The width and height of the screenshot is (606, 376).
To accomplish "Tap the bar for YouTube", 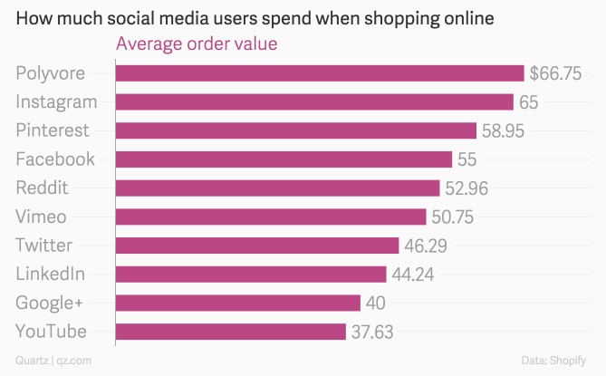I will (x=231, y=332).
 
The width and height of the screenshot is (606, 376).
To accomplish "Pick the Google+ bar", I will (x=238, y=303).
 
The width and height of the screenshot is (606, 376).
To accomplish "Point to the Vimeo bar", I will (x=271, y=217).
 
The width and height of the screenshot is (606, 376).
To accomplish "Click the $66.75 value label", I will (x=555, y=73).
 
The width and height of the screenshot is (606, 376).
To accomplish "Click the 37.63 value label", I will (x=372, y=332).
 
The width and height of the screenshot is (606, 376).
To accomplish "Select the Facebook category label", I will (x=55, y=159).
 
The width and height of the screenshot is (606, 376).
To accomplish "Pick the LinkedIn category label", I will (x=51, y=274).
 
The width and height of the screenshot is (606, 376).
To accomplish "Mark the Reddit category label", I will (x=43, y=188).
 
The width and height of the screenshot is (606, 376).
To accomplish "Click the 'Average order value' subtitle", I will (x=196, y=43).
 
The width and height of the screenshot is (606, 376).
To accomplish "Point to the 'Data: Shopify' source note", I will (x=560, y=361).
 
